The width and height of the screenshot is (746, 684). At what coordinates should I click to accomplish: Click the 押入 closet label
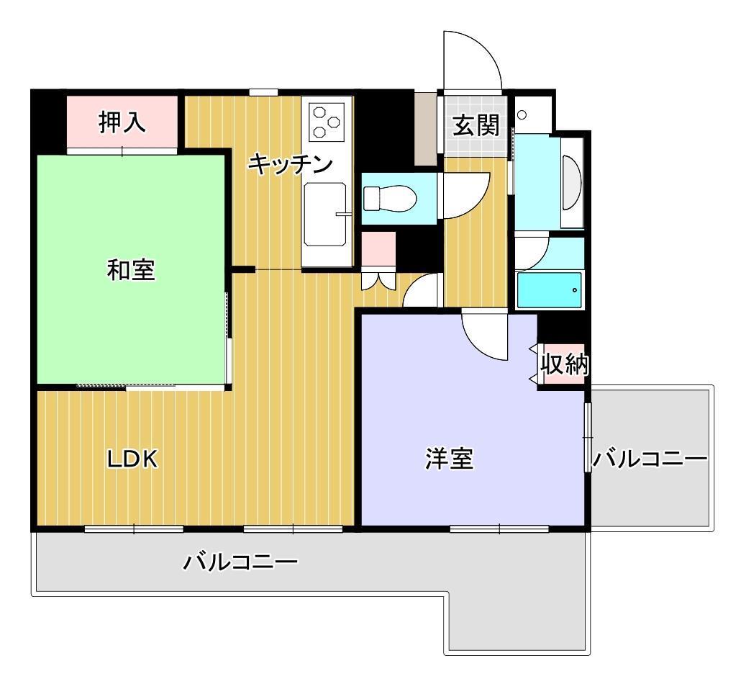point(122,122)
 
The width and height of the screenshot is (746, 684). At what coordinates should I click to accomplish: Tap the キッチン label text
point(290,164)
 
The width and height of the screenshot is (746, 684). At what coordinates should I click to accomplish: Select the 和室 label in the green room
point(131,269)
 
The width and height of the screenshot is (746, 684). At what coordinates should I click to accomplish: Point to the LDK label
point(132,459)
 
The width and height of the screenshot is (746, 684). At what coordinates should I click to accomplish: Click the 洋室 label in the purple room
point(450,459)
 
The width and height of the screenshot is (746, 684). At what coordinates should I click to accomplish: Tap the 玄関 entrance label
point(476,125)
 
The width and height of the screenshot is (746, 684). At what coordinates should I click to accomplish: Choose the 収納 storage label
point(565,364)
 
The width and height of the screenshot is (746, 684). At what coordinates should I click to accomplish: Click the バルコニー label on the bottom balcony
point(240,562)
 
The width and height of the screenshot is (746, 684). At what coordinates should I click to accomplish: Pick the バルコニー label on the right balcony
point(650,459)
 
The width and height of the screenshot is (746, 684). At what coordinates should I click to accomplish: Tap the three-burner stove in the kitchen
point(327,122)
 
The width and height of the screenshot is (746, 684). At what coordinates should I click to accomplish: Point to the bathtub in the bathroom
point(550,290)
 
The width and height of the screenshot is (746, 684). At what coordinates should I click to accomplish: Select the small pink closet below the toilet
point(378,249)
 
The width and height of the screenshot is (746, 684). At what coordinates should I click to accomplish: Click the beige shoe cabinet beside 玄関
point(426,128)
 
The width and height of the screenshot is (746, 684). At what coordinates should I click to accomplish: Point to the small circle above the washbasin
point(522,114)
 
